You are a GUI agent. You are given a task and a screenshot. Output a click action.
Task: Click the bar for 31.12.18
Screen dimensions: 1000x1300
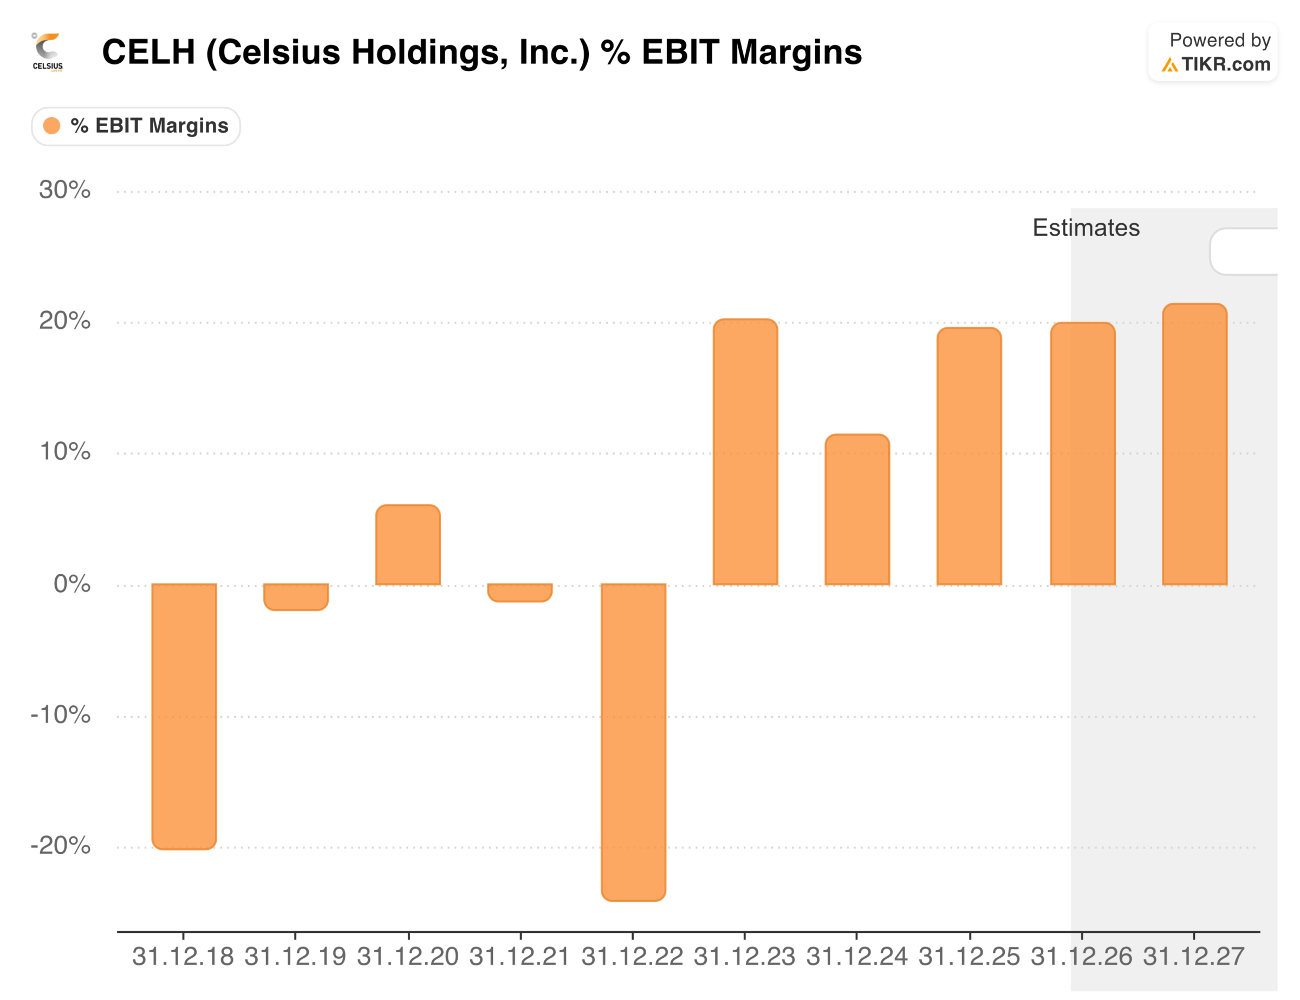(x=184, y=716)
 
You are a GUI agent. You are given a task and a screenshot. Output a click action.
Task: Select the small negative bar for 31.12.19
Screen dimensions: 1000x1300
(x=296, y=596)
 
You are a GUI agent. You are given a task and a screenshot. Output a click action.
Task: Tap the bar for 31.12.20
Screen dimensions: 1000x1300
(x=408, y=544)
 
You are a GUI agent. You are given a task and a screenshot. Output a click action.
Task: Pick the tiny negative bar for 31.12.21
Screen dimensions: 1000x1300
(x=519, y=592)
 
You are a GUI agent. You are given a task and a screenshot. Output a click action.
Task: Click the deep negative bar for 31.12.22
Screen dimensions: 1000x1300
(x=633, y=742)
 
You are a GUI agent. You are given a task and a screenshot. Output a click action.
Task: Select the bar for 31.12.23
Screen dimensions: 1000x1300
(x=745, y=452)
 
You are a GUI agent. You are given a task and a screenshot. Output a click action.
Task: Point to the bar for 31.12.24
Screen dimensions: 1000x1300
(x=857, y=510)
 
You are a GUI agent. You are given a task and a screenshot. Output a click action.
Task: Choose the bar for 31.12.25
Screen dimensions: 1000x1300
(x=969, y=457)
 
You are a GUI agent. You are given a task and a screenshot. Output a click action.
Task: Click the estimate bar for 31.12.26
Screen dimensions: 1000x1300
(x=1083, y=453)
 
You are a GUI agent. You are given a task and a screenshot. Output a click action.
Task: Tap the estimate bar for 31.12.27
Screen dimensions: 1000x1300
(x=1194, y=445)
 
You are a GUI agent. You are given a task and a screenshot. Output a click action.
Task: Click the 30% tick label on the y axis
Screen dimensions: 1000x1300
(x=64, y=190)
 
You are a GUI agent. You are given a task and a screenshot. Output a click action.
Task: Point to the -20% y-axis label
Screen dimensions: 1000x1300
(x=61, y=845)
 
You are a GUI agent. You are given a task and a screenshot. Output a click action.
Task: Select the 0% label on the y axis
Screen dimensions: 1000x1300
(x=72, y=584)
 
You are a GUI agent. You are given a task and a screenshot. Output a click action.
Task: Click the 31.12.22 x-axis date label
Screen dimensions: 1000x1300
(x=632, y=957)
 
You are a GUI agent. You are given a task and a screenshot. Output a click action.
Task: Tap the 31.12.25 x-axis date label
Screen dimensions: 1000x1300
(x=969, y=957)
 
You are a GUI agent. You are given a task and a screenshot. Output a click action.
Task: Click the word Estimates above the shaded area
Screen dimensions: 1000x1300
(x=1085, y=228)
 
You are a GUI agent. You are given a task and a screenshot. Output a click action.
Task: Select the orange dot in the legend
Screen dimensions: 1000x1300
(x=52, y=126)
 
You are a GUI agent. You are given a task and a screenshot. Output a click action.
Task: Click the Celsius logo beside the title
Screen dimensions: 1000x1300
(x=48, y=53)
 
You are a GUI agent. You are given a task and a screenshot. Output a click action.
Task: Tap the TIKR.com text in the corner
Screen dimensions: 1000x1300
(x=1225, y=64)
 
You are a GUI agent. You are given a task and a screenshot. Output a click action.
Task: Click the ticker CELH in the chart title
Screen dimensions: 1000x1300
(x=149, y=52)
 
